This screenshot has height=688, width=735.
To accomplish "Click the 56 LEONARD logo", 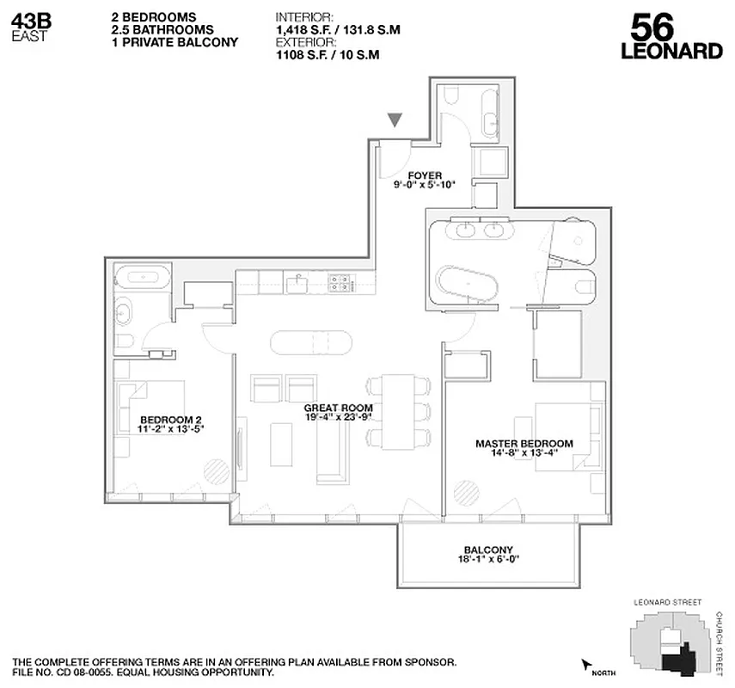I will [x=671, y=37].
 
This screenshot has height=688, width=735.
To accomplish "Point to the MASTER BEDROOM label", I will [x=524, y=444].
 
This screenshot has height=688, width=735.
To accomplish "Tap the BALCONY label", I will [x=487, y=550].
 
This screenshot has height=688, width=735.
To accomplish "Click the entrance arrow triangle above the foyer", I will [x=395, y=121].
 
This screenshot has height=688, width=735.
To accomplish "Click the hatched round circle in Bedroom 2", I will [x=216, y=470].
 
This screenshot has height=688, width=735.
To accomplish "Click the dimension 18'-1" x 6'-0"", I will [x=487, y=560].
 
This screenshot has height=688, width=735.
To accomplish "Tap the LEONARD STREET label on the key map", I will [x=666, y=603].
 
